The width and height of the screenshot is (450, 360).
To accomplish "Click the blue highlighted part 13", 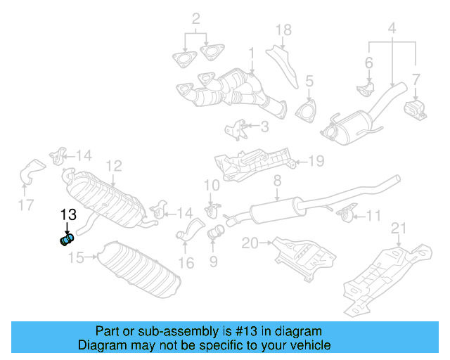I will (67, 240).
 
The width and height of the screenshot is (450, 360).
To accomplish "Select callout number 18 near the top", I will (283, 30).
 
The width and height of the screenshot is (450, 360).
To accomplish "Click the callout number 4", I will (392, 30).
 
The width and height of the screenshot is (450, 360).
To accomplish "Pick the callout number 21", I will (399, 227).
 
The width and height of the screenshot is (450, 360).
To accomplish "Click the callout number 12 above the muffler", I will (114, 166).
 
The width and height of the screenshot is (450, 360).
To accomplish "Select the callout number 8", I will (277, 181).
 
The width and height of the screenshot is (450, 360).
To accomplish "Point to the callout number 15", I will (76, 258).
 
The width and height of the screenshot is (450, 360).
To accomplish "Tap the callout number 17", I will (26, 206).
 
